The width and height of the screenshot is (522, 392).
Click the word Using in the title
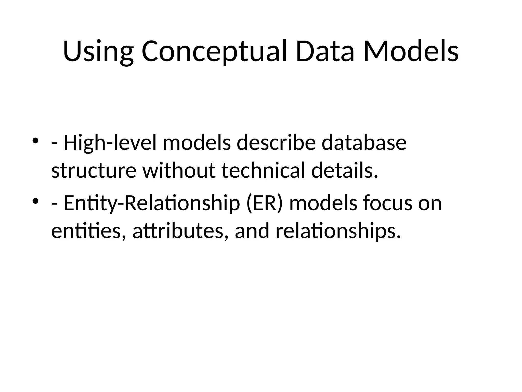click(x=98, y=52)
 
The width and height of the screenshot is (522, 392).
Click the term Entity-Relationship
click(x=152, y=203)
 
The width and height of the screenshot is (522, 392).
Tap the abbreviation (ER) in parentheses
click(x=265, y=203)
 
